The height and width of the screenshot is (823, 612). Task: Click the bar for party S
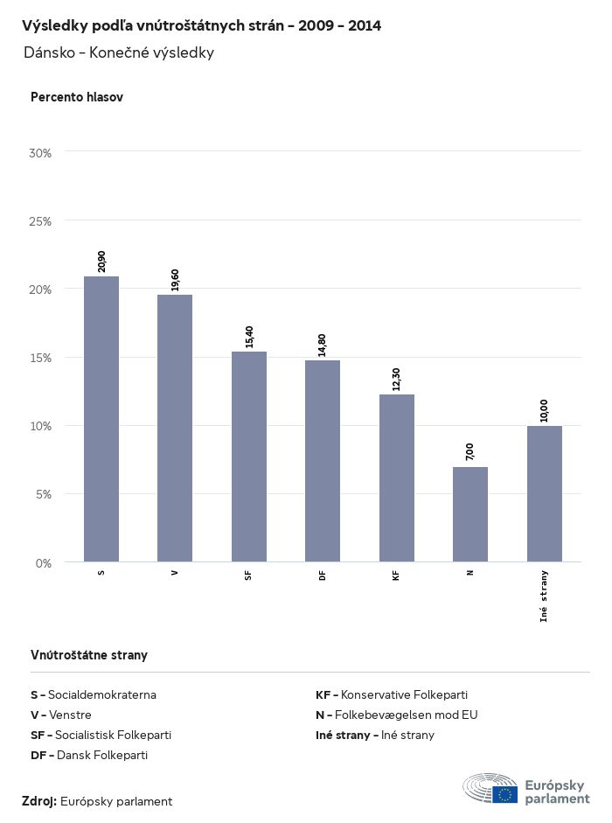(101, 419)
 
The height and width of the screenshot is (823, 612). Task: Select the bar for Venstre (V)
(175, 428)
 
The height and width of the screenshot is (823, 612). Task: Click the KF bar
(397, 478)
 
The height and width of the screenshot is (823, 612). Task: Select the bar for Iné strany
(545, 493)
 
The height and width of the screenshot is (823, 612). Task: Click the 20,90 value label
(102, 262)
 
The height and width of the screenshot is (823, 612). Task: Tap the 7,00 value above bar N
(470, 452)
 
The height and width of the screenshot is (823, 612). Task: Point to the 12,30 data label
(397, 379)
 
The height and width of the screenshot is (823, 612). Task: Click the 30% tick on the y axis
(41, 153)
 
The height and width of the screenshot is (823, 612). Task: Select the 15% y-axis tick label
(41, 358)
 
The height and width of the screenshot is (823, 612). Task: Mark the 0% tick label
(44, 562)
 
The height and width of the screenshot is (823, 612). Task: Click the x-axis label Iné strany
(544, 595)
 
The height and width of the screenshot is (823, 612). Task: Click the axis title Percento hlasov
(77, 97)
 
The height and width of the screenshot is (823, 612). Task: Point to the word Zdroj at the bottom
(39, 801)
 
